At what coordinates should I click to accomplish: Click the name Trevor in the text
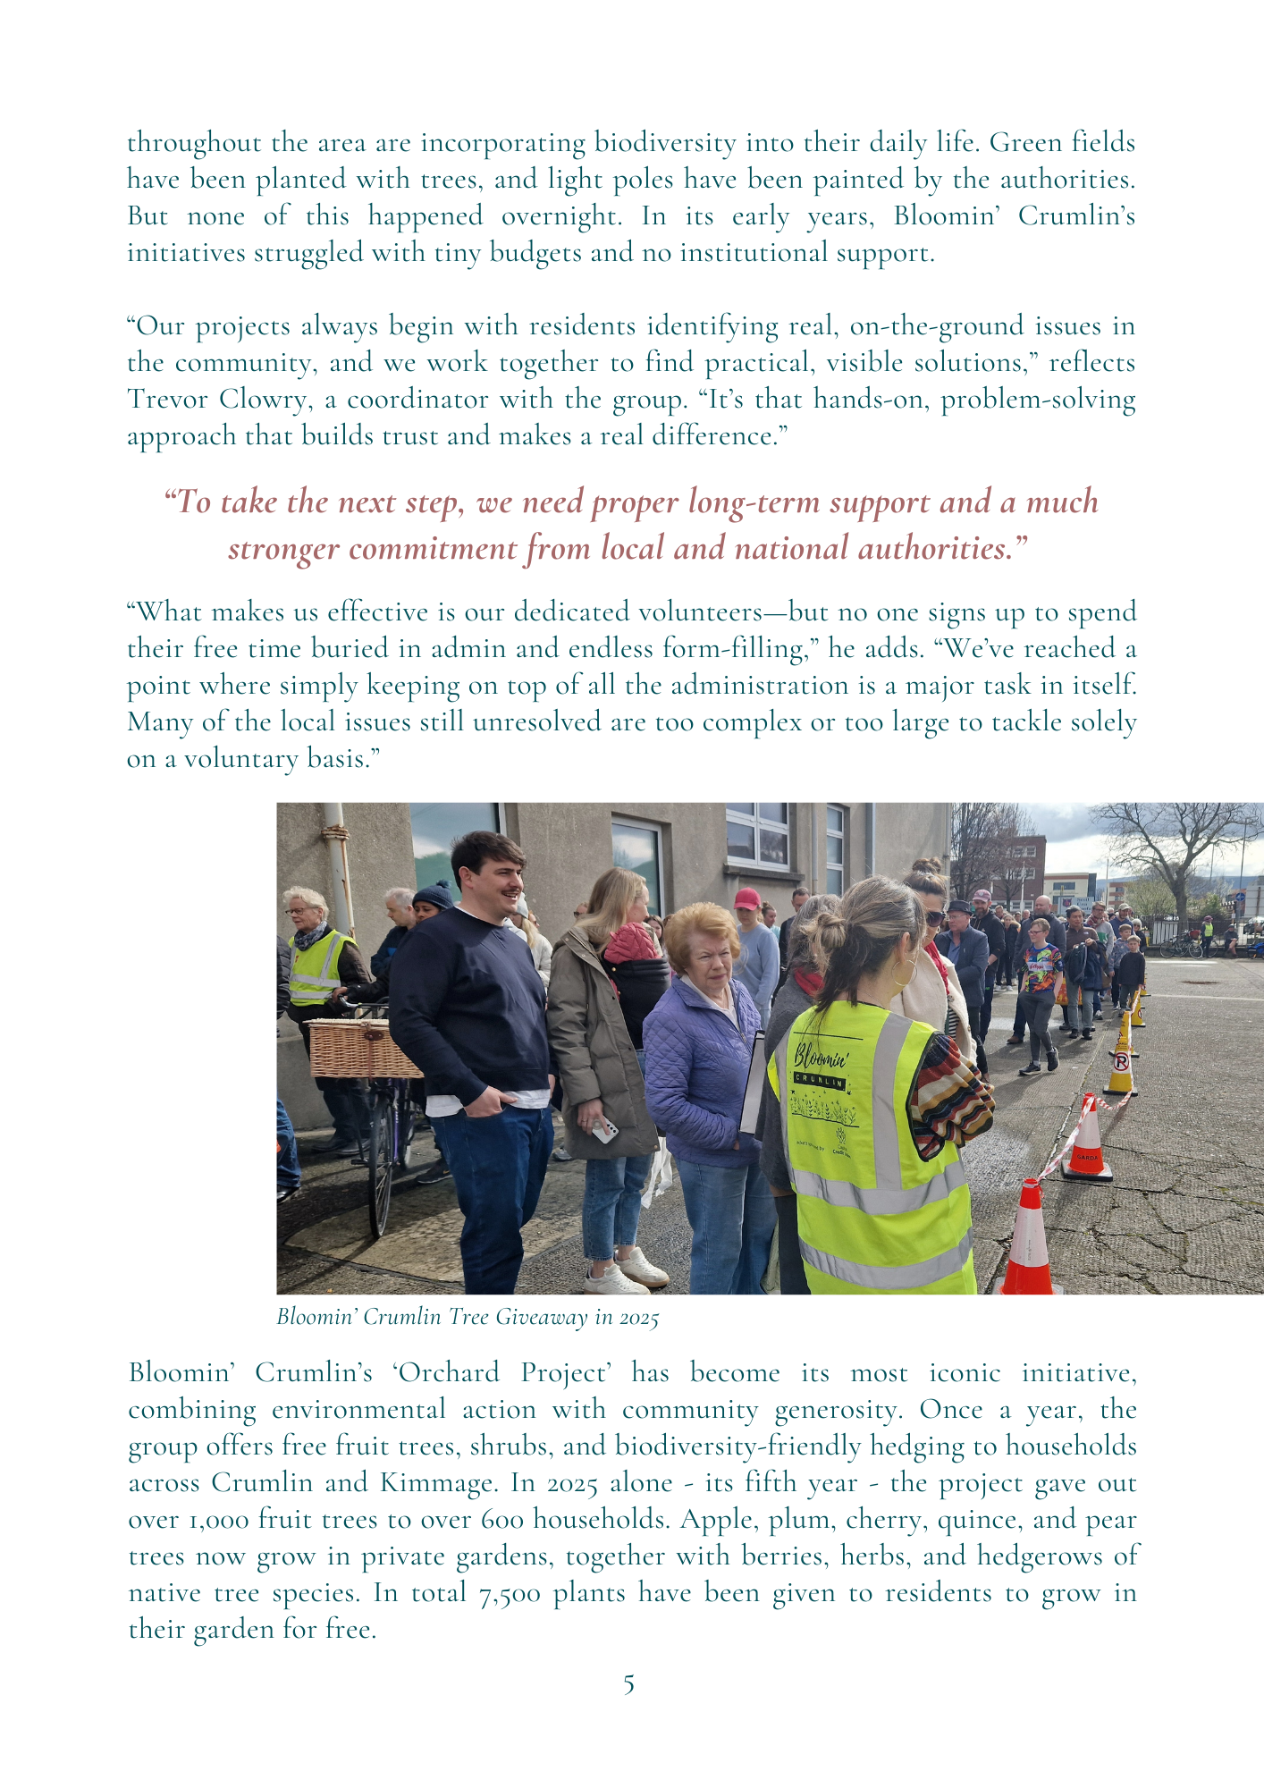(166, 399)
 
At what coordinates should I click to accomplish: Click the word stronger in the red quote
(283, 548)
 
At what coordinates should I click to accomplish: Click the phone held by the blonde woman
(605, 1128)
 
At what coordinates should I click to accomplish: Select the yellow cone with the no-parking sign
(1120, 1064)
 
